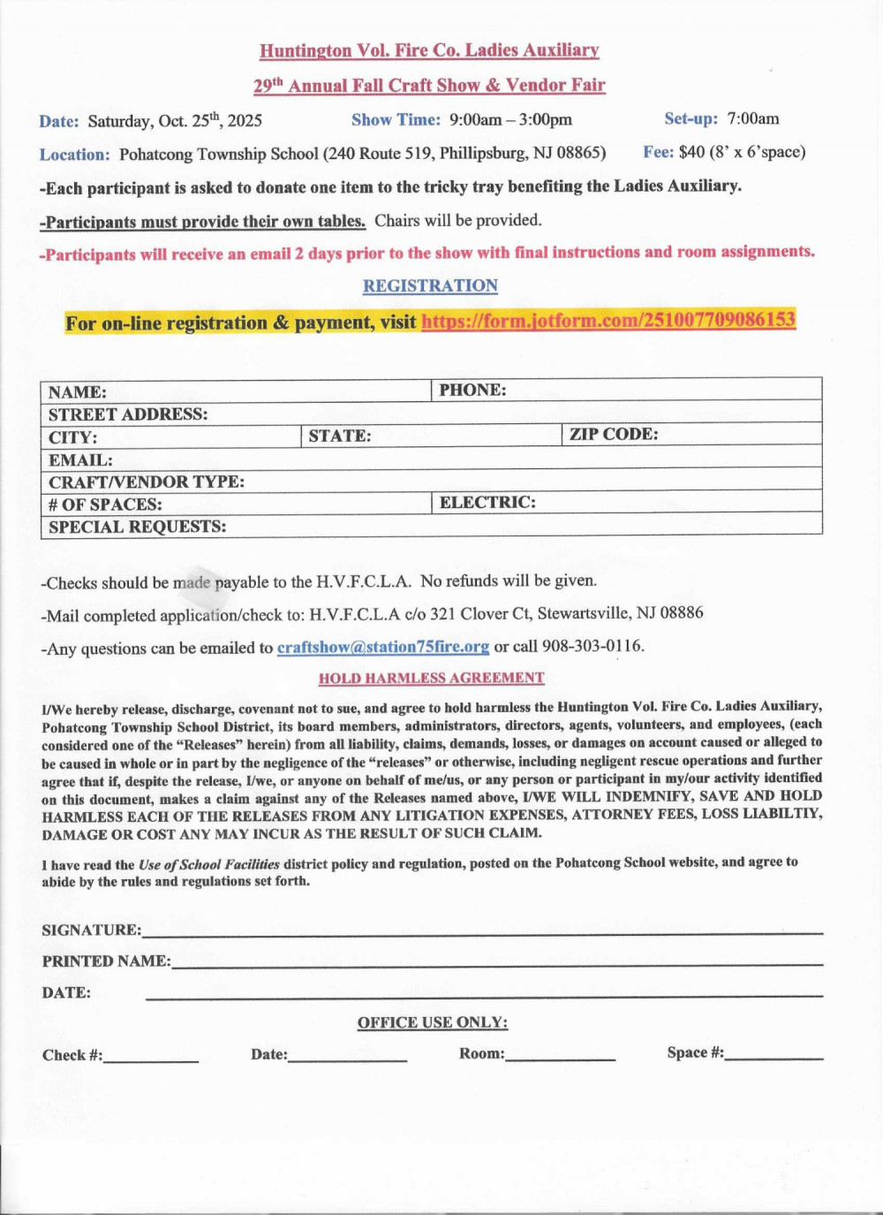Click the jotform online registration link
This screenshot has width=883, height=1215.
(608, 320)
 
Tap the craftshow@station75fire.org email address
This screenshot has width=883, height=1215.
(382, 647)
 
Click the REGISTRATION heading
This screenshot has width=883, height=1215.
(430, 286)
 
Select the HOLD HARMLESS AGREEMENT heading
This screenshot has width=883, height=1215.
(431, 679)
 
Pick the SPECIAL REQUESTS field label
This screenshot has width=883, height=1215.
(137, 527)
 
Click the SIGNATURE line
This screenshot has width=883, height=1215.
(481, 930)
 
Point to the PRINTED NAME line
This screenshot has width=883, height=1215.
(496, 962)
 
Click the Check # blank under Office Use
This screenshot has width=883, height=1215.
(150, 1058)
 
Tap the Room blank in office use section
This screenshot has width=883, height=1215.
(560, 1056)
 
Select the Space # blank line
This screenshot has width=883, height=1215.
(774, 1055)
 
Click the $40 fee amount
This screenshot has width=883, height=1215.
(691, 152)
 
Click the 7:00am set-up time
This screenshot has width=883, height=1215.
(753, 118)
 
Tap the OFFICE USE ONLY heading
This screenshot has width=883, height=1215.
(432, 1023)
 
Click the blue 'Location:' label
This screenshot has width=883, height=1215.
(74, 155)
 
